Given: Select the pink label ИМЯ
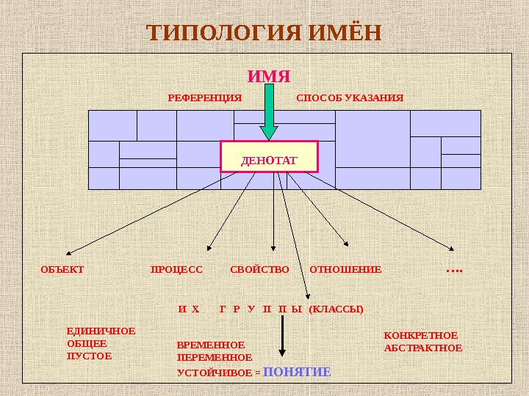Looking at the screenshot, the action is [269, 76].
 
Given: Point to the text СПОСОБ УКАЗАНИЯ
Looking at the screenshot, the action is [350, 98].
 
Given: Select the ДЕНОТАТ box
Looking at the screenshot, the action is [269, 157].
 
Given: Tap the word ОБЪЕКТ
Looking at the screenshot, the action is [62, 269].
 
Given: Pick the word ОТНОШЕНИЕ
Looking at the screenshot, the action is [345, 269].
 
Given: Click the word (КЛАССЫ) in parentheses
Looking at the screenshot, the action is [337, 309].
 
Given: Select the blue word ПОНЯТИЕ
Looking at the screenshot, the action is [297, 372].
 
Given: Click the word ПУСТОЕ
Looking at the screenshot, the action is [89, 356].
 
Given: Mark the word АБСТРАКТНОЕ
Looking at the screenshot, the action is [423, 348].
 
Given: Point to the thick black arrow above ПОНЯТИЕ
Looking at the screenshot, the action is [282, 341].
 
